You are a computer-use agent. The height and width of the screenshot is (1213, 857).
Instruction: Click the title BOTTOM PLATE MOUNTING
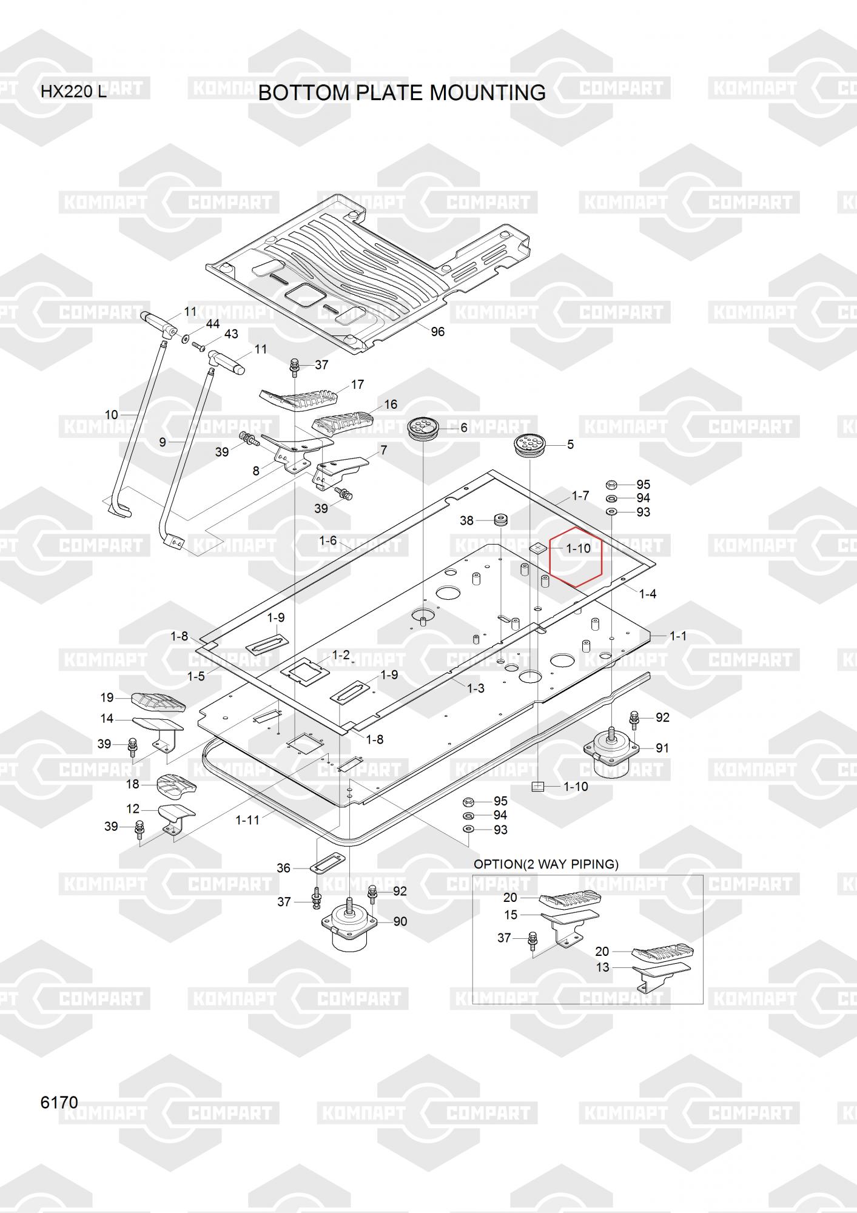pos(402,93)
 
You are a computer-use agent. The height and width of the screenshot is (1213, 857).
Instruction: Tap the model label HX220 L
pos(73,92)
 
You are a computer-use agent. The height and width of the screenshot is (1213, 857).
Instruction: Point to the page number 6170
pos(59,1102)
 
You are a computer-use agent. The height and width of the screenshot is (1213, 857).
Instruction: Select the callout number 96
pos(437,332)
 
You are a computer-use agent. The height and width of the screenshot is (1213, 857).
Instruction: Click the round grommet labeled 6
pos(423,428)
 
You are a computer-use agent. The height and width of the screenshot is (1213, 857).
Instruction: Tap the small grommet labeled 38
pos(500,520)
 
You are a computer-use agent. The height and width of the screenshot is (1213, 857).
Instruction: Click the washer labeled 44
pos(184,337)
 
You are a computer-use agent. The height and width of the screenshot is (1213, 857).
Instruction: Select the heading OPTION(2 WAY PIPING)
pos(546,864)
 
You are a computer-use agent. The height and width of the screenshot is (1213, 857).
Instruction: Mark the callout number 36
pos(283,868)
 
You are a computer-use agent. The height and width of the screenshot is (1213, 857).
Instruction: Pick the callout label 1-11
pos(247,820)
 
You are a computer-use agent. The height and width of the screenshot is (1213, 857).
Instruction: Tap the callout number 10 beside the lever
pos(112,415)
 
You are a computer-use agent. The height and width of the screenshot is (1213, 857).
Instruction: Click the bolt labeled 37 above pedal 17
pos(295,365)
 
